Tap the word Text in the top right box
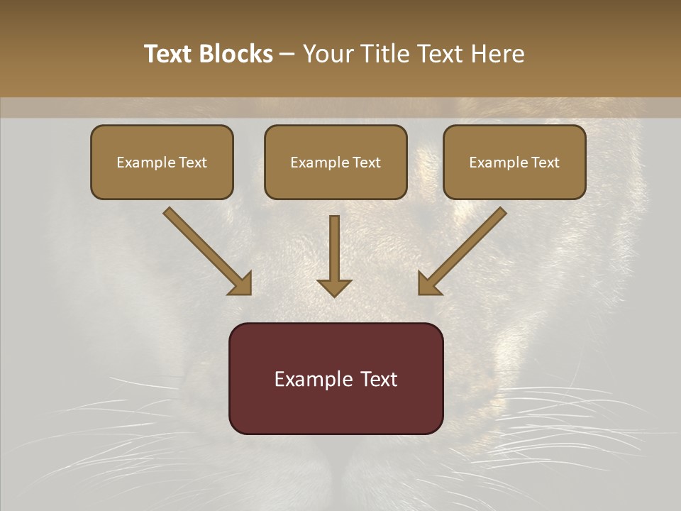[x=544, y=163]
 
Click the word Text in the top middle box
[x=365, y=163]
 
